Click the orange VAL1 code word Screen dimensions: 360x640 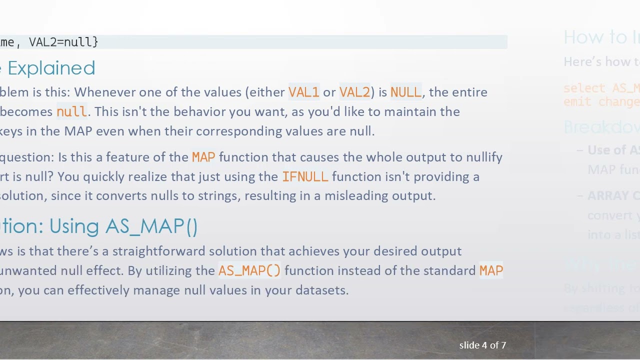point(303,92)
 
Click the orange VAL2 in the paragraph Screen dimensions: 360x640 point(354,92)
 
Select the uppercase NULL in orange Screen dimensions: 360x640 point(405,92)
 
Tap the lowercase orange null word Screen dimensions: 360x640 point(71,112)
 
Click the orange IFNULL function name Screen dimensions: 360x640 point(305,177)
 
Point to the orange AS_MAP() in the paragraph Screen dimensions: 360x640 point(249,271)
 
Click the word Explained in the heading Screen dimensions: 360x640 point(51,68)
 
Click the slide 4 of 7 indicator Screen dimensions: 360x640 point(482,345)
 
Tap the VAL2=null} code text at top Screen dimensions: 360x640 point(63,42)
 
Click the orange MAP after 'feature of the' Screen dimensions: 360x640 point(203,157)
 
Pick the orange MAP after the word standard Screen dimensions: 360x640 point(491,271)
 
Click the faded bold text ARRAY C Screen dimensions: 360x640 point(613,196)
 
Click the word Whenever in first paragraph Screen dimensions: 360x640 point(104,92)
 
